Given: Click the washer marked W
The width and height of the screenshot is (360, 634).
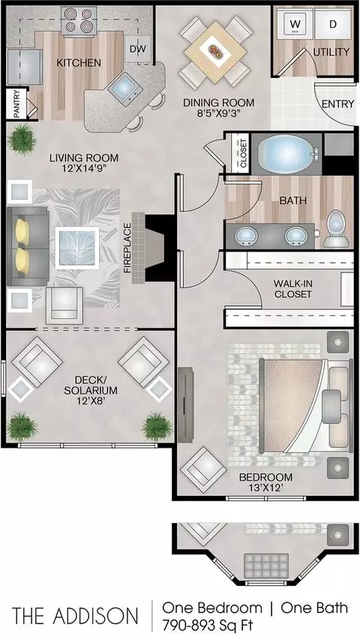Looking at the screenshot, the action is click(x=295, y=23).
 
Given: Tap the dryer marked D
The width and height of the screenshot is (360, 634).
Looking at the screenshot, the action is click(x=332, y=23).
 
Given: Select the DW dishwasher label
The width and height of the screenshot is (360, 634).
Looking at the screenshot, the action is click(x=138, y=49).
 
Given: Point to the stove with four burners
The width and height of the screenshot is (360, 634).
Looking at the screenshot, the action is click(x=79, y=20).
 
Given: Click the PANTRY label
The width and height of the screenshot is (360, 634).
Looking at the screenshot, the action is click(x=17, y=104).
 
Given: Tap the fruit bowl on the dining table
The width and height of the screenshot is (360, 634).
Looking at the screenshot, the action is click(x=215, y=51).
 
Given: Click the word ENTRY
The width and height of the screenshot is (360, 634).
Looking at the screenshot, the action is click(x=337, y=104).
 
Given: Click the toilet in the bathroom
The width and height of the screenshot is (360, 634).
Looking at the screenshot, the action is click(x=337, y=228).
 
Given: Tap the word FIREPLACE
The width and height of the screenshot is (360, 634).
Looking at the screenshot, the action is click(x=128, y=248).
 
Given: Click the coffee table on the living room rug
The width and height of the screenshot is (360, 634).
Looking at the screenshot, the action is click(x=76, y=248).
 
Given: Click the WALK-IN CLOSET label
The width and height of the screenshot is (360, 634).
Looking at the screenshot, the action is click(x=293, y=288).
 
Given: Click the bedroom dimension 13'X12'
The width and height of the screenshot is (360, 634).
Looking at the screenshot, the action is click(x=265, y=488).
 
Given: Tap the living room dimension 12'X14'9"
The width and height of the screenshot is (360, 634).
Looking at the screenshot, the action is click(x=84, y=168).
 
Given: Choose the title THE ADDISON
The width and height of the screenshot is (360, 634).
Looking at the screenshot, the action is click(x=75, y=616).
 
